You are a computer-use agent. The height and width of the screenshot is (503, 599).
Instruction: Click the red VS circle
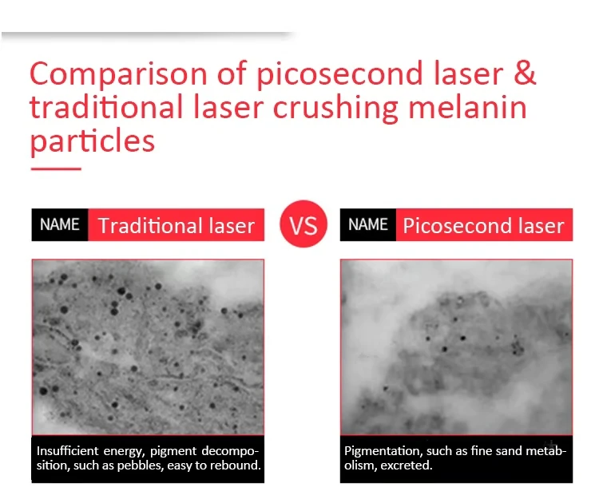point(303,224)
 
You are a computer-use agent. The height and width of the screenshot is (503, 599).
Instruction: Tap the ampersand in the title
point(525,73)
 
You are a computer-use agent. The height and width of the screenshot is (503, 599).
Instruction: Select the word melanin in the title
point(467,107)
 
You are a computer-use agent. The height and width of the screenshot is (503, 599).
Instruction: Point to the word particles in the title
point(92,141)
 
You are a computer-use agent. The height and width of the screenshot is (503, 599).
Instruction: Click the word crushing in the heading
point(335,109)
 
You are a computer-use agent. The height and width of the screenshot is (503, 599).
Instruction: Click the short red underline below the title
point(56,168)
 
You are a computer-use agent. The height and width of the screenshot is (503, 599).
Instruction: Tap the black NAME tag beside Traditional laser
point(60,224)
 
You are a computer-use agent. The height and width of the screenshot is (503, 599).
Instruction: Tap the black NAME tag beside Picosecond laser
point(368,224)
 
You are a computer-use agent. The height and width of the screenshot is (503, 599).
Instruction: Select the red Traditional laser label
point(177,224)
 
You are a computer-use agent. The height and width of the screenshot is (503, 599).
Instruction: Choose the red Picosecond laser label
point(484,224)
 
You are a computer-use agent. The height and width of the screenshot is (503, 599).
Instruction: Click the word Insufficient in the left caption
point(68,450)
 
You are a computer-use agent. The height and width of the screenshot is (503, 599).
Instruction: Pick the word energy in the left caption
point(124,451)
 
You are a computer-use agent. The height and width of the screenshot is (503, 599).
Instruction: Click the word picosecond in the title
point(339,74)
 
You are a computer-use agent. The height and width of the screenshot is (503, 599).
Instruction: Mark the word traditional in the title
point(106,107)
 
